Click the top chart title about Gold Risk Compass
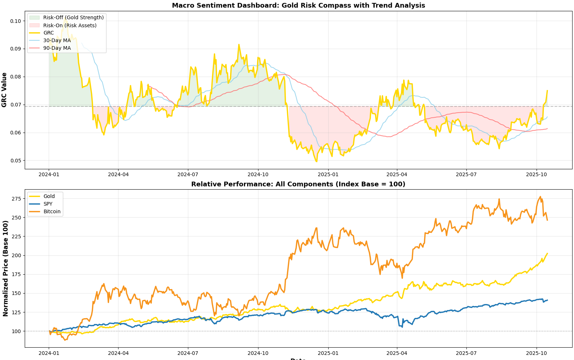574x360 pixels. pyautogui.click(x=298, y=5)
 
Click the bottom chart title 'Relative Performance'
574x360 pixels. pyautogui.click(x=298, y=184)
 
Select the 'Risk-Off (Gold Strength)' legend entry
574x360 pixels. pyautogui.click(x=73, y=17)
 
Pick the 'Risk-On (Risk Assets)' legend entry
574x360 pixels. pyautogui.click(x=70, y=25)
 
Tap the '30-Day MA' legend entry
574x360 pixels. pyautogui.click(x=57, y=40)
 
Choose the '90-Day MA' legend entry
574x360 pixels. pyautogui.click(x=57, y=48)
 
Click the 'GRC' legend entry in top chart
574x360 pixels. pyautogui.click(x=48, y=33)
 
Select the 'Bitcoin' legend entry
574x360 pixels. pyautogui.click(x=52, y=211)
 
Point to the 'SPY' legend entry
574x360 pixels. pyautogui.click(x=48, y=204)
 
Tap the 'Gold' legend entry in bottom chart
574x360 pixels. pyautogui.click(x=49, y=196)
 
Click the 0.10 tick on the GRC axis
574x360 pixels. pyautogui.click(x=16, y=21)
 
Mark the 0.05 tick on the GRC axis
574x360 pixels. pyautogui.click(x=16, y=161)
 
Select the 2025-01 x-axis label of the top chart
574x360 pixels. pyautogui.click(x=328, y=174)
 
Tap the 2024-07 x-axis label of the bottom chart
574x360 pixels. pyautogui.click(x=188, y=353)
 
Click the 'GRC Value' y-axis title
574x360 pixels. pyautogui.click(x=4, y=90)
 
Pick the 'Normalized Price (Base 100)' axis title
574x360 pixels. pyautogui.click(x=5, y=268)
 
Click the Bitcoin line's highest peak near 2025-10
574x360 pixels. pyautogui.click(x=540, y=197)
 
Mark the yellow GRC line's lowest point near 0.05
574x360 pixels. pyautogui.click(x=316, y=162)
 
